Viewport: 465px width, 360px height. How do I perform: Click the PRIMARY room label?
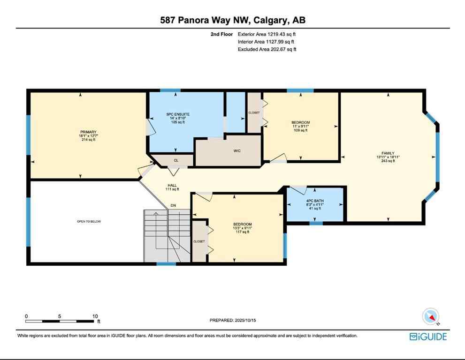tap(88, 132)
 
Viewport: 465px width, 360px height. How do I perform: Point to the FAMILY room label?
tap(388, 153)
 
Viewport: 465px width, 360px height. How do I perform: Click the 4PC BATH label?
tap(315, 201)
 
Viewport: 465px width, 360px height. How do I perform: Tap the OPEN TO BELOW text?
tap(89, 221)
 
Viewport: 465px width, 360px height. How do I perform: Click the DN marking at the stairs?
tap(173, 206)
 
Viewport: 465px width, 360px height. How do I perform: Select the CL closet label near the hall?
tap(176, 160)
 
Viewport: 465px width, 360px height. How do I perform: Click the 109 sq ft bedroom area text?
tap(300, 130)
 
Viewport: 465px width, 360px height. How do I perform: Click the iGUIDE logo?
tap(428, 336)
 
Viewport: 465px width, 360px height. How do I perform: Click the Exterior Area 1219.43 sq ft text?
tap(267, 34)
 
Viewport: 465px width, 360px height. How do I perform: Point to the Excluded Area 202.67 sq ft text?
tap(267, 49)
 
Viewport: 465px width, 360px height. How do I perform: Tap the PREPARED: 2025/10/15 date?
tap(232, 321)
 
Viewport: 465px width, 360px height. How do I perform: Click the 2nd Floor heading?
tap(222, 34)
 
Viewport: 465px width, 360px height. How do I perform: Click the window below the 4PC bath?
tap(316, 223)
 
